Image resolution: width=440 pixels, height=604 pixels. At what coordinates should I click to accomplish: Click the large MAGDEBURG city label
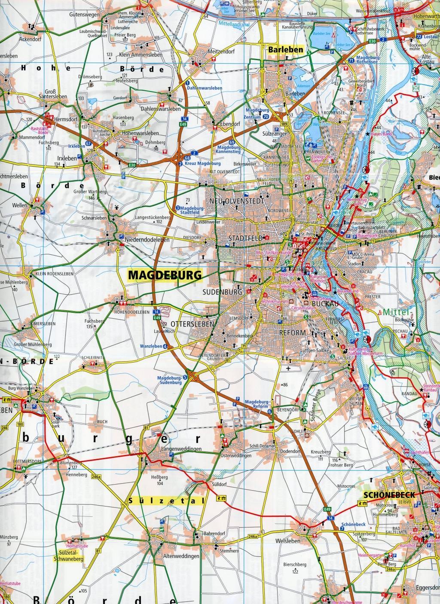pos(165,275)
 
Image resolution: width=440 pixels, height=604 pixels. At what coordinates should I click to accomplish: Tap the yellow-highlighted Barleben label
pos(285,50)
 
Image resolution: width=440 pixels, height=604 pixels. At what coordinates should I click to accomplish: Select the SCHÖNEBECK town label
pos(389,494)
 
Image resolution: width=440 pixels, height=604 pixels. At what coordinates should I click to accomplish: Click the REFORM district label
pos(292,333)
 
